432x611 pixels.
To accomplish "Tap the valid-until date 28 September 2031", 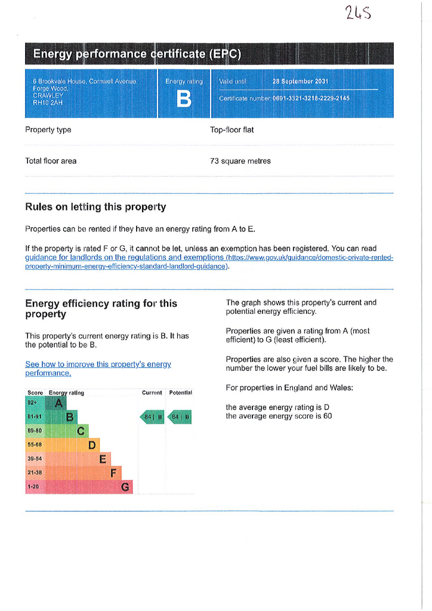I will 300,81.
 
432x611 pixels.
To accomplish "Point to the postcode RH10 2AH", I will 48,102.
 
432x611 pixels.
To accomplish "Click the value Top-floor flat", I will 232,129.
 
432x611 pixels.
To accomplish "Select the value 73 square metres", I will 240,161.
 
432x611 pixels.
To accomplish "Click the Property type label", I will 48,129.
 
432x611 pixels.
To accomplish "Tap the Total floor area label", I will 51,161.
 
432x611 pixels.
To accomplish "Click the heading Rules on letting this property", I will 95,207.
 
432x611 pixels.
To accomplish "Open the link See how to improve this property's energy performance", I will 98,368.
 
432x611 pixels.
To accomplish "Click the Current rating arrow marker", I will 152,417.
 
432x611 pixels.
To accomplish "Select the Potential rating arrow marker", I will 180,417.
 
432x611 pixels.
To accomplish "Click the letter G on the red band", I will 125,487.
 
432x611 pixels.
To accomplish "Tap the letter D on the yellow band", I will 92,445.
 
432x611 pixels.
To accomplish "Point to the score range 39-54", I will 35,459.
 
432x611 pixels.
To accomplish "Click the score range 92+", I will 32,403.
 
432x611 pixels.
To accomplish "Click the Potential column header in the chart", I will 180,393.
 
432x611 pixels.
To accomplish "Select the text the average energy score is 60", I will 279,416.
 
